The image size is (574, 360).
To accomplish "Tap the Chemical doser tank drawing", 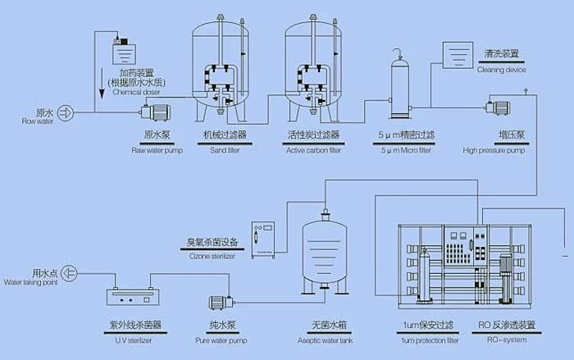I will [x=125, y=51].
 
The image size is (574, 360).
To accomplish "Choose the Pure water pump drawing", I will [x=221, y=303].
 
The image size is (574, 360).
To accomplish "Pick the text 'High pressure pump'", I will [x=493, y=150].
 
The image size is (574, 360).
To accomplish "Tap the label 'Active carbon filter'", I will [x=312, y=150].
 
